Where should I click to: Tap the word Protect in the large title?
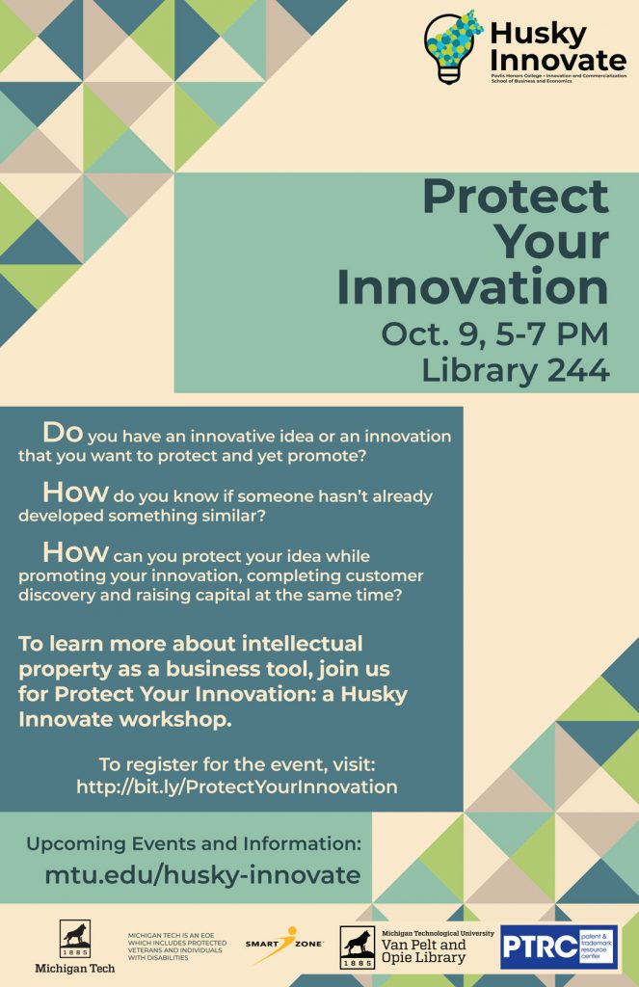click(x=516, y=198)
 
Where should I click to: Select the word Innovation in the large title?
click(x=472, y=288)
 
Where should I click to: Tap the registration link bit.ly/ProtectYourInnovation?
click(x=237, y=787)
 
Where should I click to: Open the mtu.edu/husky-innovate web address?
click(x=202, y=874)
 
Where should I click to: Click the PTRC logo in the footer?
click(x=559, y=947)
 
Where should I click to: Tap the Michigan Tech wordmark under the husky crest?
click(x=74, y=967)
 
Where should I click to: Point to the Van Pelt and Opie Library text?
click(x=424, y=951)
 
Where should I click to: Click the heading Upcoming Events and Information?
click(x=193, y=844)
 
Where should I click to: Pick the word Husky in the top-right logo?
click(x=538, y=34)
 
